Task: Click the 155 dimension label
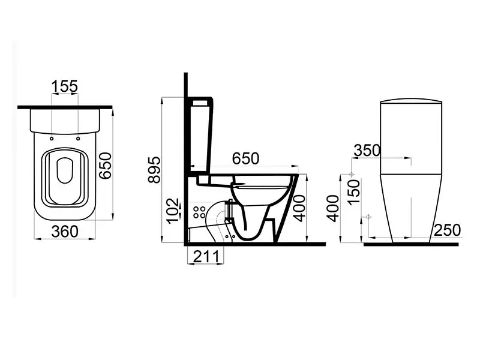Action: [65, 86]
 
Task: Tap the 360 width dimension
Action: [65, 232]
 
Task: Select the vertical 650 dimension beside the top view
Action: [106, 166]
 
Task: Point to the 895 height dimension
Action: [154, 170]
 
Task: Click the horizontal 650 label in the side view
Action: [245, 158]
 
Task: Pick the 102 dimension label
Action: [172, 211]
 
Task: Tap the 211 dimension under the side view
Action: [206, 257]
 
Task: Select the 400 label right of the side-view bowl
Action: [299, 208]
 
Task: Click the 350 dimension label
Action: [367, 151]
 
